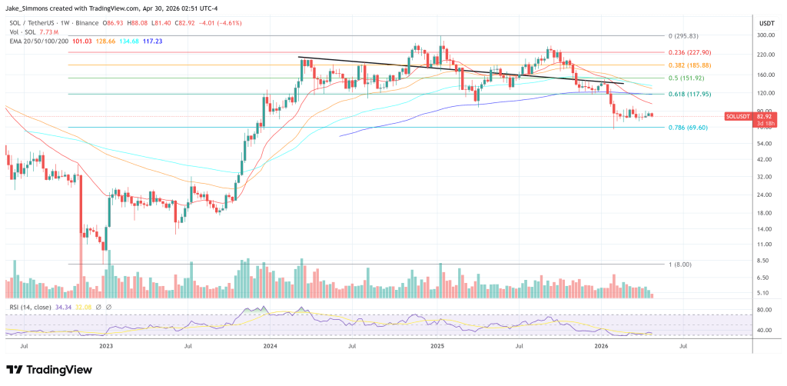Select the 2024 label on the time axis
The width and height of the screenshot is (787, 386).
coord(270,347)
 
